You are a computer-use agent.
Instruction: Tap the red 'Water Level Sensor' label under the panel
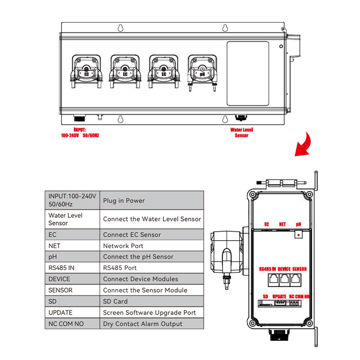point(242,132)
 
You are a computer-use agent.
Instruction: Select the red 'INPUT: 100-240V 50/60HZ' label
point(80,132)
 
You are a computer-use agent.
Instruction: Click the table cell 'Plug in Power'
point(151,200)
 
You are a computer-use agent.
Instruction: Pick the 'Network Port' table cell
point(151,246)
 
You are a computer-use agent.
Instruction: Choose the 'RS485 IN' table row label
point(72,268)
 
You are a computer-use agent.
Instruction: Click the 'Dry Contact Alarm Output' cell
point(151,324)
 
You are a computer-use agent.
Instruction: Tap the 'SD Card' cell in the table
point(151,301)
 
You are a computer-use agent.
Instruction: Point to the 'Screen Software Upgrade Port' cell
point(151,312)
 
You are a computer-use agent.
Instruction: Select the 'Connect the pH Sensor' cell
point(151,256)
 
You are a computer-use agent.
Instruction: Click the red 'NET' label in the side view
point(282,224)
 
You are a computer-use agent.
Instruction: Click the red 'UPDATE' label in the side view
point(279,297)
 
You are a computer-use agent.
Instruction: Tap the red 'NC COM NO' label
point(299,297)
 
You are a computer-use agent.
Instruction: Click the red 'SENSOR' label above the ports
point(299,269)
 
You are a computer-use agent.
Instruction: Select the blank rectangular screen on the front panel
point(248,73)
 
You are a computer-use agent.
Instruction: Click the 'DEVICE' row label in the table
point(72,279)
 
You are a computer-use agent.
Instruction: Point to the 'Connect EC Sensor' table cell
point(151,234)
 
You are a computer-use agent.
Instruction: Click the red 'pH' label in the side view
point(298,224)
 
